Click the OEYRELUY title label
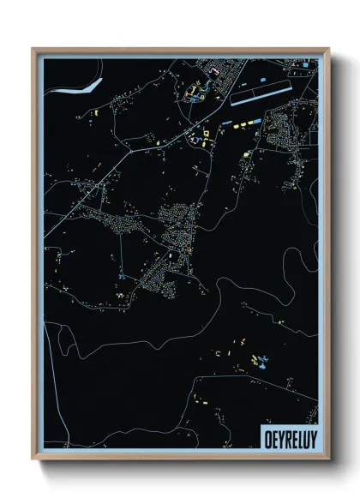287,437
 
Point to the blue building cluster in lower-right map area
256,360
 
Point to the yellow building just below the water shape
95,111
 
